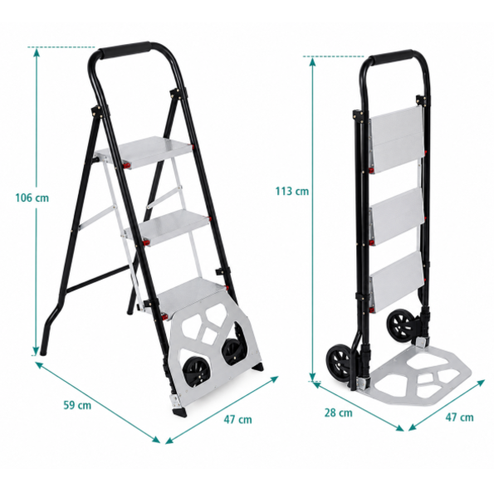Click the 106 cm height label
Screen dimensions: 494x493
[32, 198]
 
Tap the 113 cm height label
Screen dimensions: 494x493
[292, 191]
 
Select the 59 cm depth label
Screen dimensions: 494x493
[77, 405]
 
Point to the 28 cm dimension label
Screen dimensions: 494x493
[339, 412]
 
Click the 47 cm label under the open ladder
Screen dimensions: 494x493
[237, 419]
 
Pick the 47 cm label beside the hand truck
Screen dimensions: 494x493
[459, 417]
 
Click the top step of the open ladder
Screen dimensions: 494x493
[145, 152]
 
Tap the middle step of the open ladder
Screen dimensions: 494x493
[169, 227]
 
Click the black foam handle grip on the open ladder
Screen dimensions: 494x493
[128, 51]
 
